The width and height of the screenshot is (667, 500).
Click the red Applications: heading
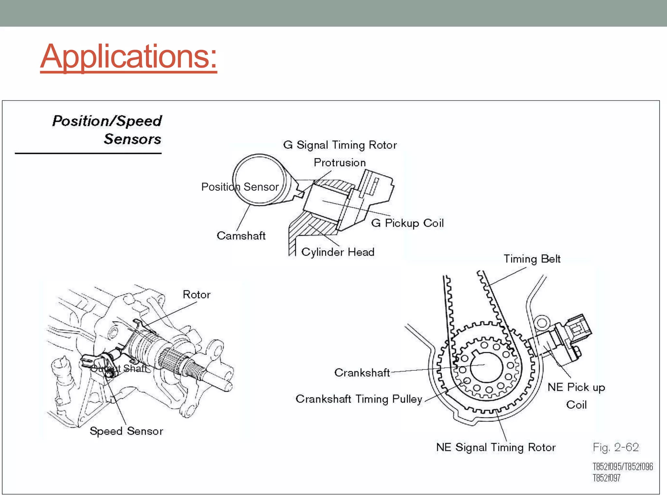[128, 57]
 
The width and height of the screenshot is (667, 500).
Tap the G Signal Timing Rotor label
[340, 145]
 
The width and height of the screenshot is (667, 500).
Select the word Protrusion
[339, 162]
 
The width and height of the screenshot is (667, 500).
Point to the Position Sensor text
[240, 187]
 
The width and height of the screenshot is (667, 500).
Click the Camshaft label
[241, 236]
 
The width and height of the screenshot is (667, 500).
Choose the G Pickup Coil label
[407, 223]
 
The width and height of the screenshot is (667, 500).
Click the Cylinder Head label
[337, 252]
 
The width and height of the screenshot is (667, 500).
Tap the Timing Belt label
[532, 259]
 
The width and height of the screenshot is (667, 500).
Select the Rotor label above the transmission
[196, 295]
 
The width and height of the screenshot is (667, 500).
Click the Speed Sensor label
[126, 431]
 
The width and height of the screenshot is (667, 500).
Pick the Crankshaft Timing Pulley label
[359, 399]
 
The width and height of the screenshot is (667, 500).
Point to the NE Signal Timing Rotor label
[495, 447]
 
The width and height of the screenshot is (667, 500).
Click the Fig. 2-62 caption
[616, 447]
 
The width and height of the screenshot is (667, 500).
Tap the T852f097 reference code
[606, 478]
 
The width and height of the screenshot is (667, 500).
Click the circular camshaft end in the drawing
[259, 180]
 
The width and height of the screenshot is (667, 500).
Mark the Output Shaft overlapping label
[119, 368]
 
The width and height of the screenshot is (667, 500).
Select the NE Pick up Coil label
[576, 396]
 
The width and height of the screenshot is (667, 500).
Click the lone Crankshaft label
[362, 373]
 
